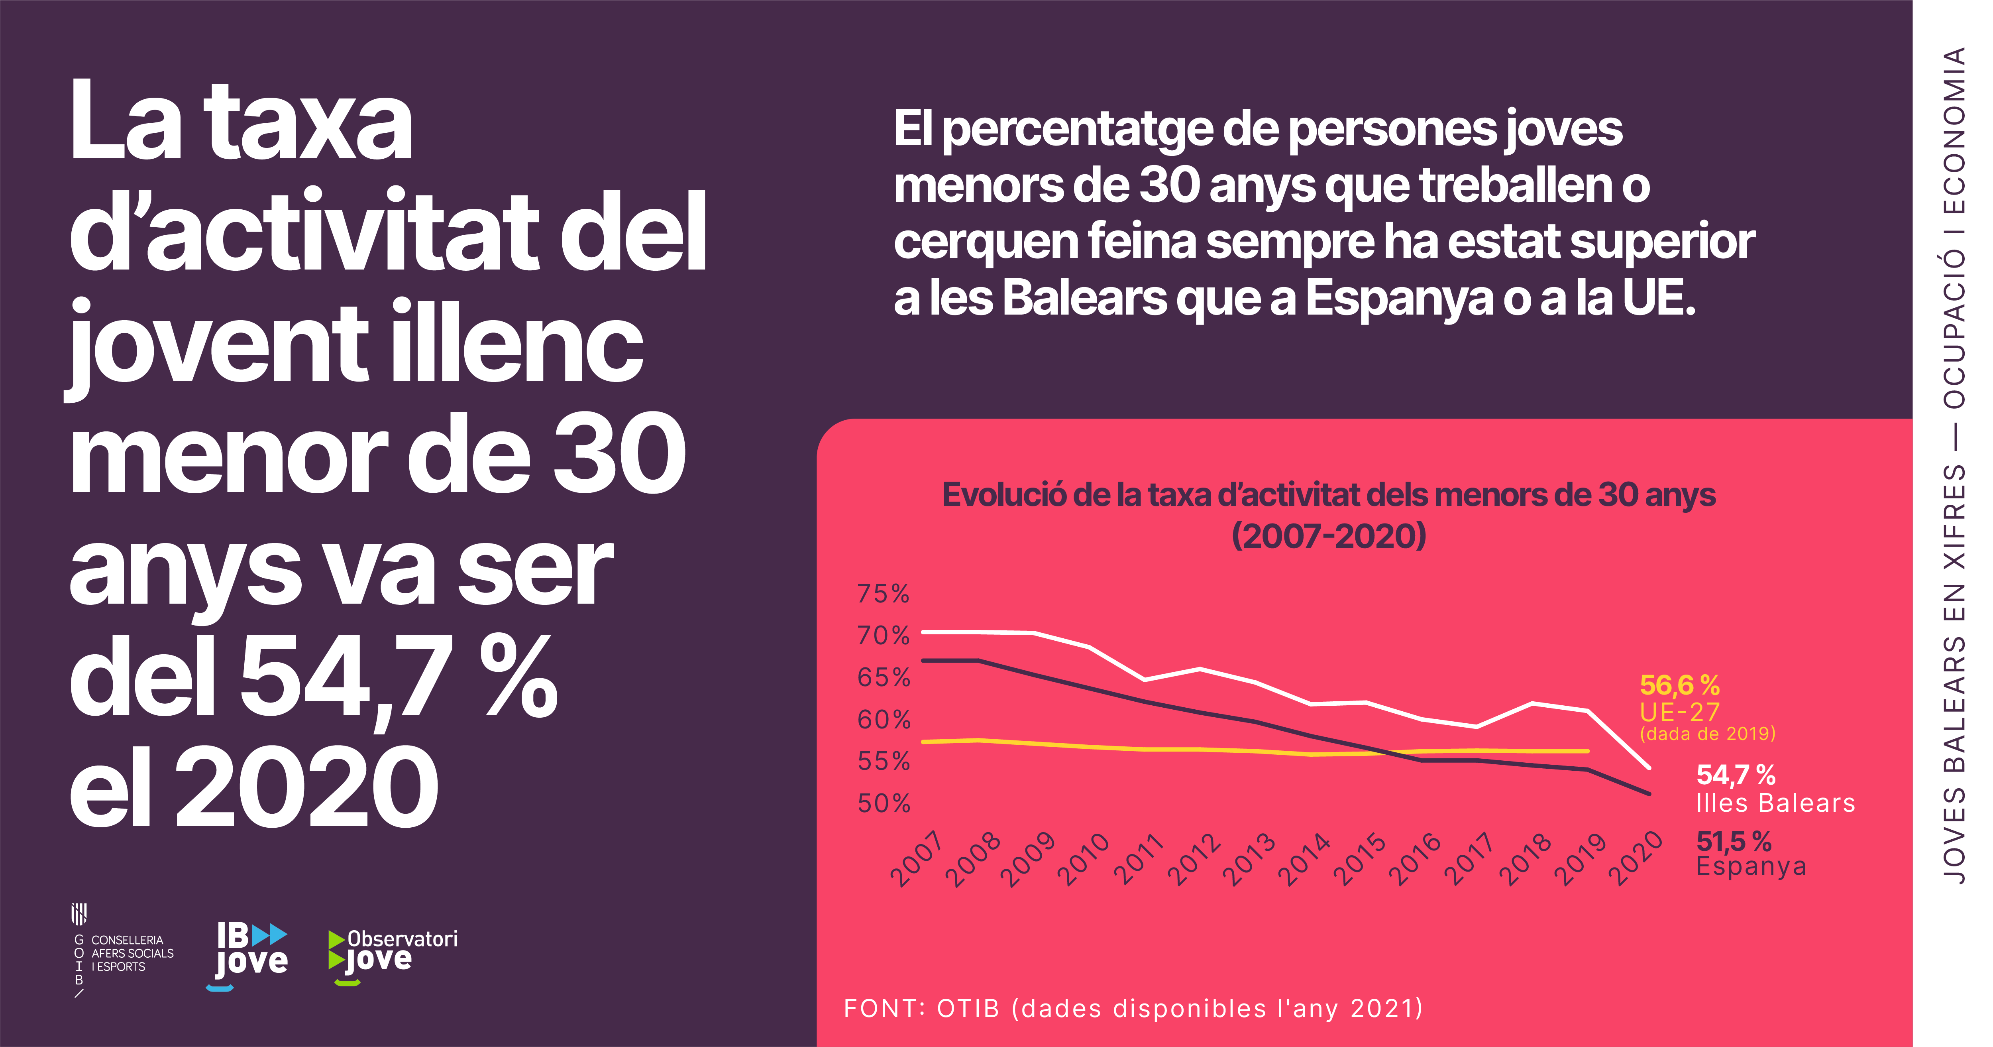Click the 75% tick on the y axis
coord(883,594)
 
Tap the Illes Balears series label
coord(1775,803)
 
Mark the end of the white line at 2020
coord(1649,768)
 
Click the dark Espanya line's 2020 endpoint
coord(1649,793)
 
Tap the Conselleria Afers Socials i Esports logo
coord(124,952)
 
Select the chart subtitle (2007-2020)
coord(1328,535)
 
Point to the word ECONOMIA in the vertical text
coord(1954,132)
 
